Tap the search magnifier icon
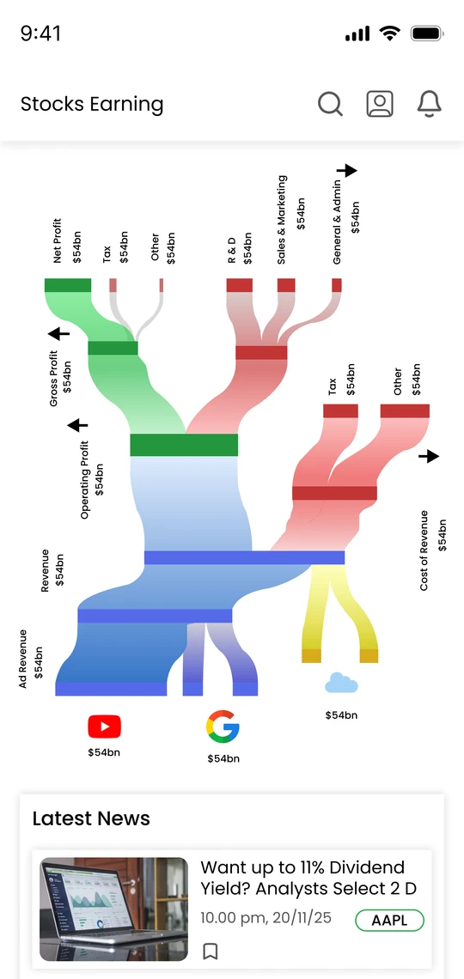click(330, 104)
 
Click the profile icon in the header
click(380, 104)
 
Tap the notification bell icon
click(429, 104)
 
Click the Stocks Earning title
click(92, 104)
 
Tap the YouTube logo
click(104, 727)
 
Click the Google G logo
click(223, 727)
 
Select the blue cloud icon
click(342, 683)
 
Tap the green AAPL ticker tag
click(390, 921)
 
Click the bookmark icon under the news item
click(211, 952)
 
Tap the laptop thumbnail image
click(113, 909)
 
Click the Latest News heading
click(91, 818)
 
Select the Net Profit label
click(58, 241)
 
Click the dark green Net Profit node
click(68, 285)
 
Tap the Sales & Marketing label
click(282, 220)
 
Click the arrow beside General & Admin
click(346, 170)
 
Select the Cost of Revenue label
click(424, 550)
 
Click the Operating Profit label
click(86, 480)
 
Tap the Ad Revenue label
click(23, 659)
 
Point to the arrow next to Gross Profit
click(59, 334)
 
